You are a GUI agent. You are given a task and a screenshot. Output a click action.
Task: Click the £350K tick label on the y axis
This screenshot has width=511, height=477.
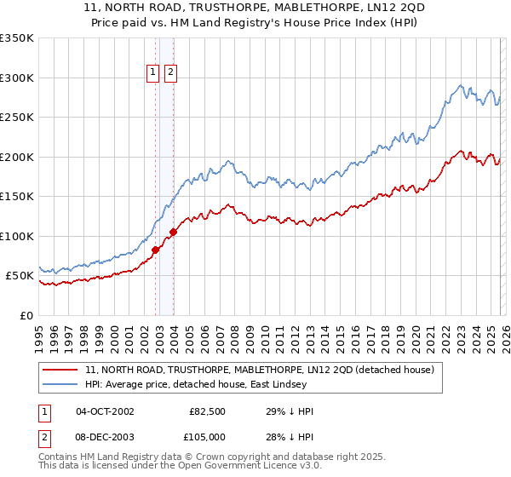(17, 38)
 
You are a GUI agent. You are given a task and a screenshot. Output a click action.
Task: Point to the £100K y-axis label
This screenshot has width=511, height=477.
(17, 236)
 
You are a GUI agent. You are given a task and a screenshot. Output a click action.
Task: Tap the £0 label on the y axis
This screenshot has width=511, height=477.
(26, 315)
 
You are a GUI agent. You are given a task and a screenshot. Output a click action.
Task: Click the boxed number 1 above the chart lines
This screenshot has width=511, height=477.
(153, 72)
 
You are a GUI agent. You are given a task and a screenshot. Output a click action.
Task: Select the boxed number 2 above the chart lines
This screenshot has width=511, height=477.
(170, 72)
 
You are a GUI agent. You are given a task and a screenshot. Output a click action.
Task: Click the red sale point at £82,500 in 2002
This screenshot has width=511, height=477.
(156, 250)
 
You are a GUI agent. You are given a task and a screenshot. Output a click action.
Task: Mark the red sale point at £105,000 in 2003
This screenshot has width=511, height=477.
(173, 232)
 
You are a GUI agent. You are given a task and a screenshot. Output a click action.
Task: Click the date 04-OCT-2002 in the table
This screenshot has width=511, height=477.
(105, 411)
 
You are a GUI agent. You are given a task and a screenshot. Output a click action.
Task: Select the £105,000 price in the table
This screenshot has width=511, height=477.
(205, 436)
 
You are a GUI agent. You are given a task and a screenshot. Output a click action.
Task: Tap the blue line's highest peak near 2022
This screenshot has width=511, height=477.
(461, 85)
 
